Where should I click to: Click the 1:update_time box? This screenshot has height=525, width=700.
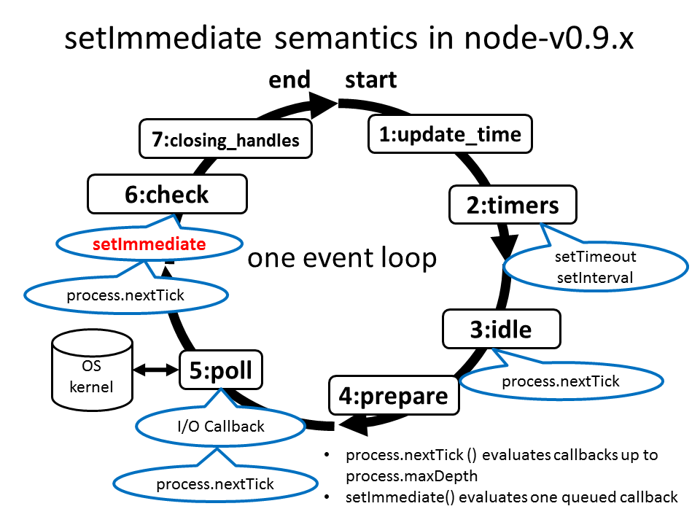(450, 134)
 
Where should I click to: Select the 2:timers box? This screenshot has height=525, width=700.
(513, 206)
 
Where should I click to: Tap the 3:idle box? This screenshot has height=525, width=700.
(500, 330)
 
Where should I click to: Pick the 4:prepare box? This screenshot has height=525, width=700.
(393, 396)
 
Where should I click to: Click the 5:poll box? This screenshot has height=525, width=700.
(221, 371)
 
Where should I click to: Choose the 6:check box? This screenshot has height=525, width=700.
(167, 195)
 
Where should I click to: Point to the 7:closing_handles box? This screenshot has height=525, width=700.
(226, 139)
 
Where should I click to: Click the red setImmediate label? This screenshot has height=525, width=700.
(149, 245)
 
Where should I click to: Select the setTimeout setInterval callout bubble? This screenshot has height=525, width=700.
(595, 267)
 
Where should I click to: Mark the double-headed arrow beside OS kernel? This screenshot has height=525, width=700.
(157, 370)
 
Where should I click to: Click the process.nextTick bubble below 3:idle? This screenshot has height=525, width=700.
(561, 381)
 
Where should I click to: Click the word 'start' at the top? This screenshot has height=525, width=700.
(370, 79)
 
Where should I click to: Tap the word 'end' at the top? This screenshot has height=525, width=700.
(289, 79)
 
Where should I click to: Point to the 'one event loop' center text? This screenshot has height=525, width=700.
(342, 258)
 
